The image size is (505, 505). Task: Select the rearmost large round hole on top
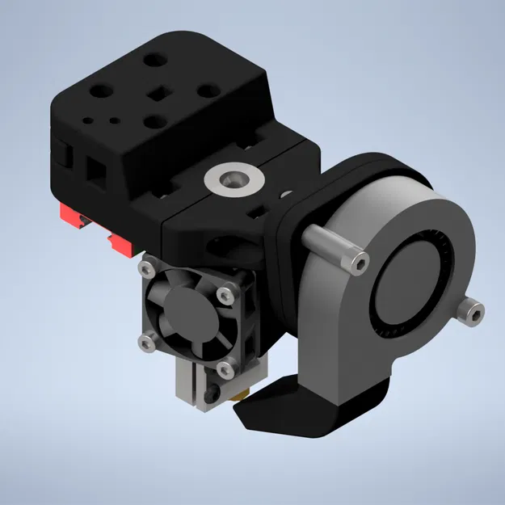(151, 59)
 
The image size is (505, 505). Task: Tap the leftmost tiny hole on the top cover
(87, 116)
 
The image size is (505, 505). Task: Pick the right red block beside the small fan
(120, 244)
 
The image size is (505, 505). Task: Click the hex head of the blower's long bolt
(356, 260)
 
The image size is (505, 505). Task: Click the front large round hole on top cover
(152, 122)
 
